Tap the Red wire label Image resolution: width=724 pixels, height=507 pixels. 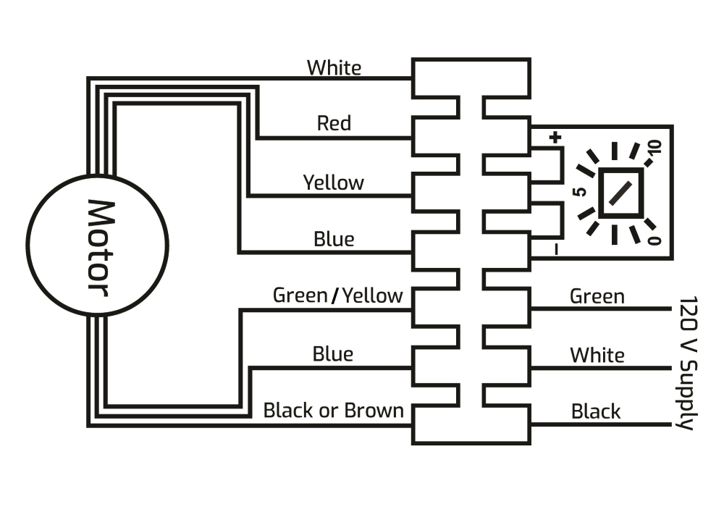click(x=334, y=123)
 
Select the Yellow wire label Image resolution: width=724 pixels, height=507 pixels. click(x=333, y=182)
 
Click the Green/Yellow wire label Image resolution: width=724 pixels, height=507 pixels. click(x=337, y=296)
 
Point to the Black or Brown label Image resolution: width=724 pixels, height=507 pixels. click(x=333, y=411)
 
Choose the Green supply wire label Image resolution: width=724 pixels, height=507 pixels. click(x=597, y=296)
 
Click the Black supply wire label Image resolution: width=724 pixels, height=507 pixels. click(x=596, y=411)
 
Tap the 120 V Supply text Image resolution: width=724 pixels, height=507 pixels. click(x=689, y=362)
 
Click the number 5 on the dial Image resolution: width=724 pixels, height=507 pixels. click(x=579, y=193)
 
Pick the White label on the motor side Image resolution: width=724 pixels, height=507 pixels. click(x=334, y=68)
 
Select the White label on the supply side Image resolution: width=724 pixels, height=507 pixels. click(x=597, y=355)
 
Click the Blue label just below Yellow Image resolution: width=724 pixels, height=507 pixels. click(x=333, y=239)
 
